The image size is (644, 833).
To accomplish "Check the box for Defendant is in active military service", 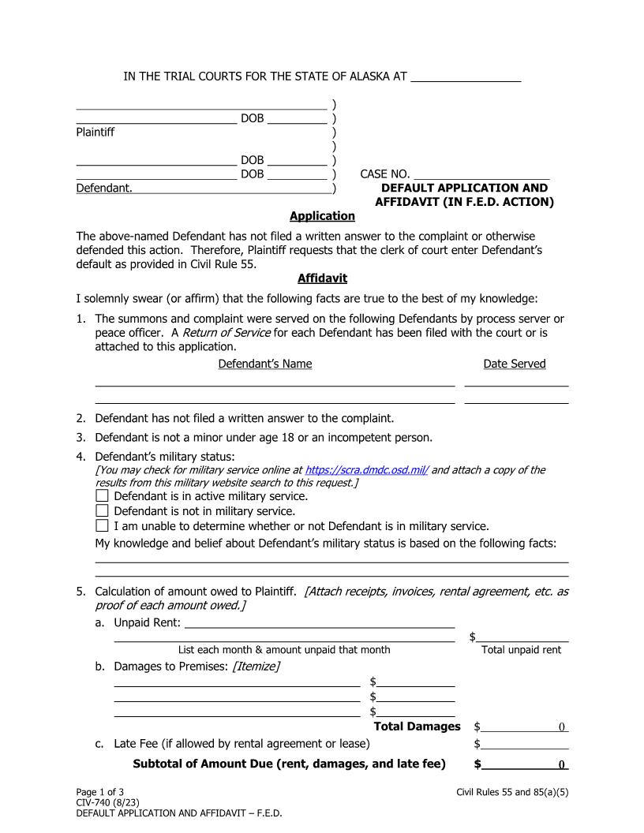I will [102, 496].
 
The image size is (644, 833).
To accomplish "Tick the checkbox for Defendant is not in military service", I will [102, 511].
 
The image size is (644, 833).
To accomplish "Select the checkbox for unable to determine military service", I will [102, 526].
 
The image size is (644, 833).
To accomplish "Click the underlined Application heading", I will [322, 216].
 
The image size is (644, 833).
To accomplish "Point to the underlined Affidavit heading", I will [322, 278].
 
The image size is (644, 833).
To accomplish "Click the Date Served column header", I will [515, 364].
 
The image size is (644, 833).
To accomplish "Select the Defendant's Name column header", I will [264, 364].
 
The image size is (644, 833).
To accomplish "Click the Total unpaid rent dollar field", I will [522, 636].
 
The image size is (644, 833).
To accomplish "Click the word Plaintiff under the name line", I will [95, 133].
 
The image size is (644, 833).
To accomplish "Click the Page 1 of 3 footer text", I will [99, 791].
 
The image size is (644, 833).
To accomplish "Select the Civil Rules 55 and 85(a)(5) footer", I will [512, 791].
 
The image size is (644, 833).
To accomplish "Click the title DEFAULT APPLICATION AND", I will [464, 189].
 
